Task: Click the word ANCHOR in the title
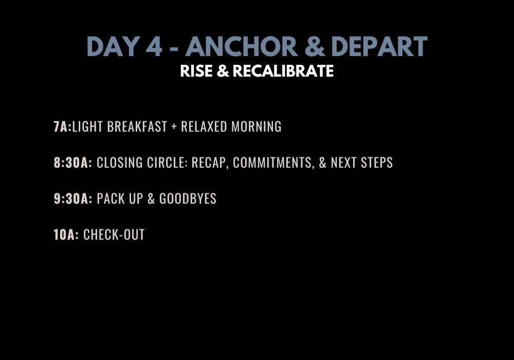pyautogui.click(x=242, y=46)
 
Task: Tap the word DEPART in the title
pyautogui.click(x=379, y=46)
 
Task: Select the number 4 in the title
pyautogui.click(x=154, y=46)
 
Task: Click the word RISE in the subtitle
pyautogui.click(x=196, y=71)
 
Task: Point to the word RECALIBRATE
pyautogui.click(x=283, y=71)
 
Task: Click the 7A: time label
pyautogui.click(x=63, y=127)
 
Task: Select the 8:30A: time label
pyautogui.click(x=73, y=163)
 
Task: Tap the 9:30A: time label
pyautogui.click(x=73, y=199)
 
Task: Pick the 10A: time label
pyautogui.click(x=66, y=235)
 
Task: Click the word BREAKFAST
pyautogui.click(x=137, y=127)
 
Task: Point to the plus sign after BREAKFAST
pyautogui.click(x=174, y=127)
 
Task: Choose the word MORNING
pyautogui.click(x=256, y=127)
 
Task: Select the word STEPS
pyautogui.click(x=377, y=163)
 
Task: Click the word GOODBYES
pyautogui.click(x=188, y=199)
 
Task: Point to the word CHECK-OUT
pyautogui.click(x=114, y=235)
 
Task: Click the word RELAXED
pyautogui.click(x=204, y=127)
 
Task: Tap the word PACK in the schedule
pyautogui.click(x=111, y=199)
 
